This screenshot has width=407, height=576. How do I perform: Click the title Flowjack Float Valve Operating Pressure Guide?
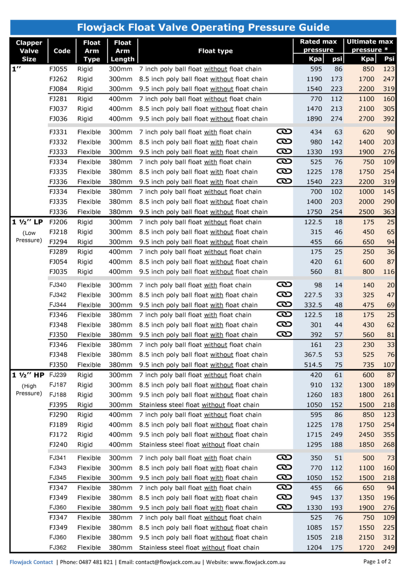203,27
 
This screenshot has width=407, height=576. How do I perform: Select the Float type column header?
215,51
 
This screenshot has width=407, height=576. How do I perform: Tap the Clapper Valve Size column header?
29,51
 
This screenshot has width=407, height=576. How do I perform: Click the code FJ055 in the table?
58,69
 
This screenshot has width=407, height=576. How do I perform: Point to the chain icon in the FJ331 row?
284,132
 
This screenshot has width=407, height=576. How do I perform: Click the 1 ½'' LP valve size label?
27,222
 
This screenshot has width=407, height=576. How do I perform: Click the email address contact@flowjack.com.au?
168,562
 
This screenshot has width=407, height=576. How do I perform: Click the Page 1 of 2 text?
377,561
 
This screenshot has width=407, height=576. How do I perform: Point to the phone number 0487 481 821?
96,562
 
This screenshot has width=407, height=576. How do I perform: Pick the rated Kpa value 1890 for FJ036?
314,119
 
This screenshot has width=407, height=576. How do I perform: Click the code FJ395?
58,405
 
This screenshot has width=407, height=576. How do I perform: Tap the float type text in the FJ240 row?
199,445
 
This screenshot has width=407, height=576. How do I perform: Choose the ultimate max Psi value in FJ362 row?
389,548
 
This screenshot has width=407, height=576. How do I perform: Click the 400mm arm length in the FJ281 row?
120,99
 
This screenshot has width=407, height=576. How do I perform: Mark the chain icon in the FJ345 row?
284,477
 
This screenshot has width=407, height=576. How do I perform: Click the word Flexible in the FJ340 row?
89,285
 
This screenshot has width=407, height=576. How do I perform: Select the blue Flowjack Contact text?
31,562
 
